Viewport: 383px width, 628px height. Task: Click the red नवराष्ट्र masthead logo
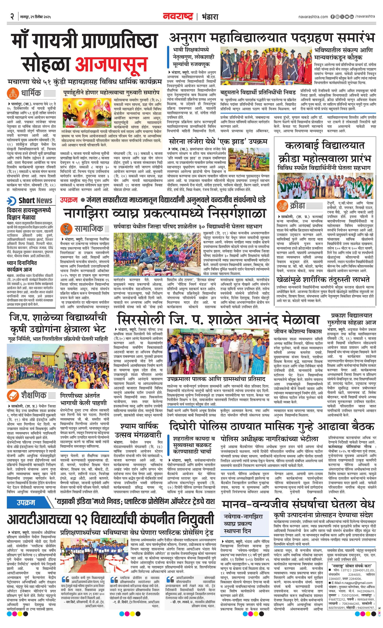[x=178, y=17]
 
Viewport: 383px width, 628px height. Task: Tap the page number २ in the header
[x=12, y=17]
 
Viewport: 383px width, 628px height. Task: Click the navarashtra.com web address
[x=313, y=17]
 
